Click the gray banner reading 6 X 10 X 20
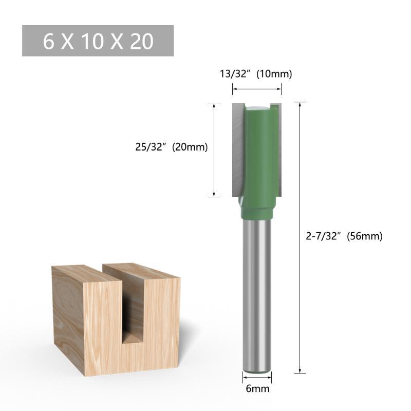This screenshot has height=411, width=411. [x=98, y=41]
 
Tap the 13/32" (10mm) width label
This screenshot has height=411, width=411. [x=255, y=74]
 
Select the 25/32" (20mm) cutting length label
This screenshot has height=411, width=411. [x=172, y=147]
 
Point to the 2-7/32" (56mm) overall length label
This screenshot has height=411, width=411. [x=344, y=236]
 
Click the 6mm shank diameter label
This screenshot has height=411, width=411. [x=257, y=388]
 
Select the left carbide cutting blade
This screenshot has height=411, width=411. [x=238, y=150]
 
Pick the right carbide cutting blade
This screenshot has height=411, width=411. [x=278, y=150]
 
